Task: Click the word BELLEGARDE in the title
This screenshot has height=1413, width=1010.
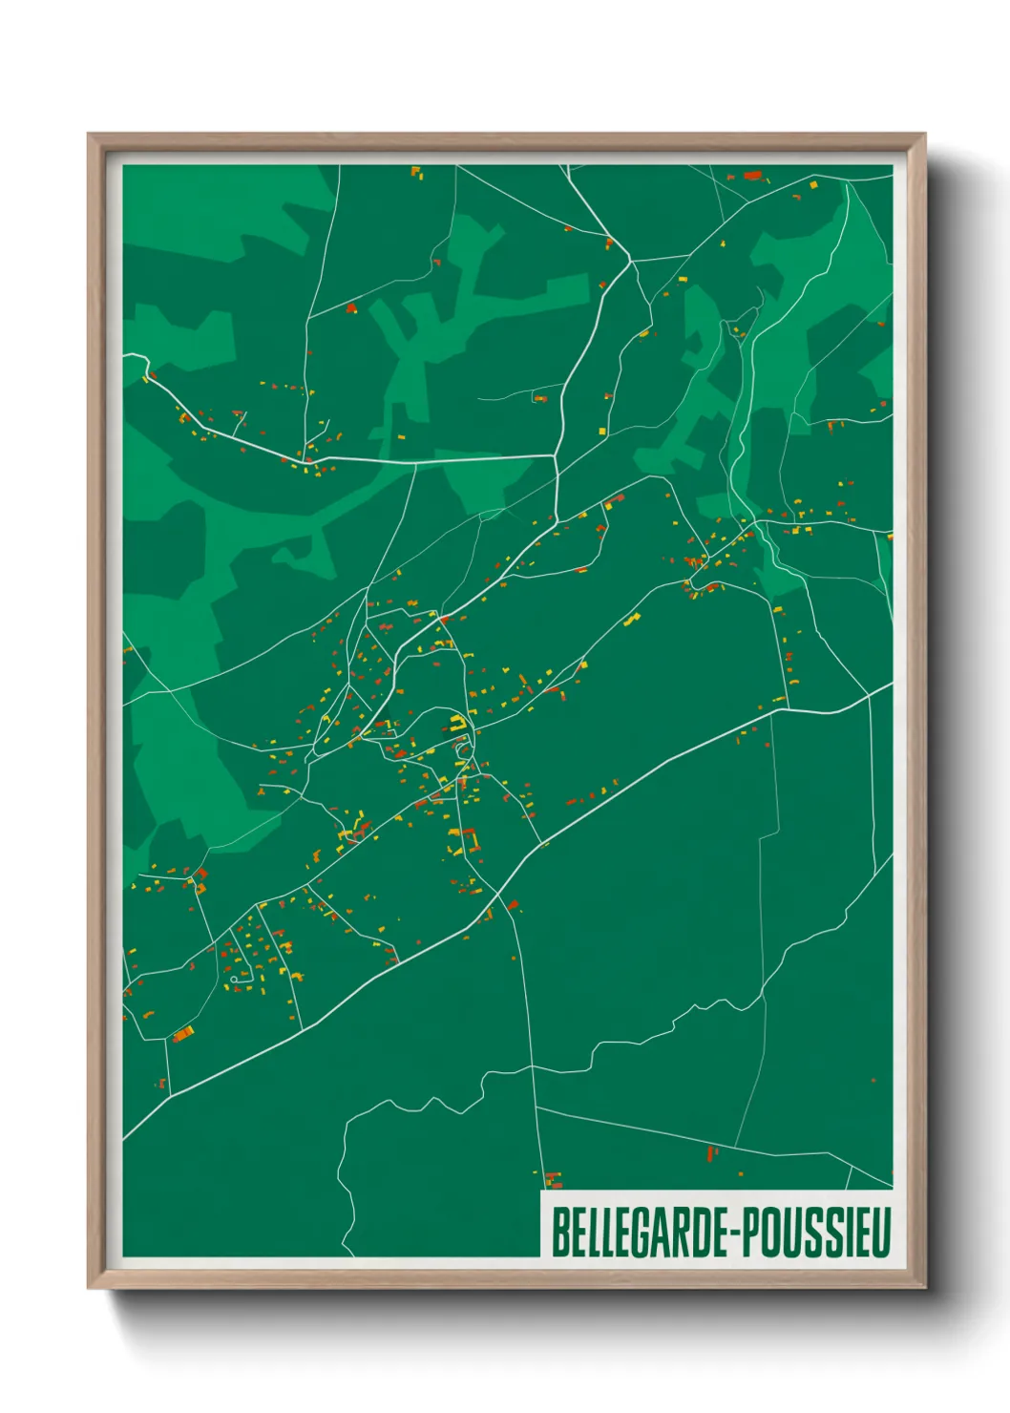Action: pyautogui.click(x=640, y=1233)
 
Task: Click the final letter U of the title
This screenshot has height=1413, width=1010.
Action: pyautogui.click(x=883, y=1233)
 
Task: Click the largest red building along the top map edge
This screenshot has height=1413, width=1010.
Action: pyautogui.click(x=753, y=176)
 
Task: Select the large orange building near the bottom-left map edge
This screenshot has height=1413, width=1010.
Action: pyautogui.click(x=181, y=1032)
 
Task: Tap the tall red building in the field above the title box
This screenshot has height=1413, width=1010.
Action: pyautogui.click(x=710, y=1153)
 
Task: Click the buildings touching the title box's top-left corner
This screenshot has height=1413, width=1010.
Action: pyautogui.click(x=552, y=1180)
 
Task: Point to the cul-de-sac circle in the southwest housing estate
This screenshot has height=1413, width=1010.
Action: pyautogui.click(x=234, y=978)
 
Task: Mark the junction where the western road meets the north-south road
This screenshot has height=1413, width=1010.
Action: pyautogui.click(x=556, y=456)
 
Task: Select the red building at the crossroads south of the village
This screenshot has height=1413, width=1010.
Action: pyautogui.click(x=513, y=904)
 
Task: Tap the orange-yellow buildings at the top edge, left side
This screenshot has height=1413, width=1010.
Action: pyautogui.click(x=416, y=173)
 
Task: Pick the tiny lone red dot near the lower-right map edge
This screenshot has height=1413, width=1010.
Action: pyautogui.click(x=873, y=1081)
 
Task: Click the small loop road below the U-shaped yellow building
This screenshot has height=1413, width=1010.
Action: pyautogui.click(x=463, y=749)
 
